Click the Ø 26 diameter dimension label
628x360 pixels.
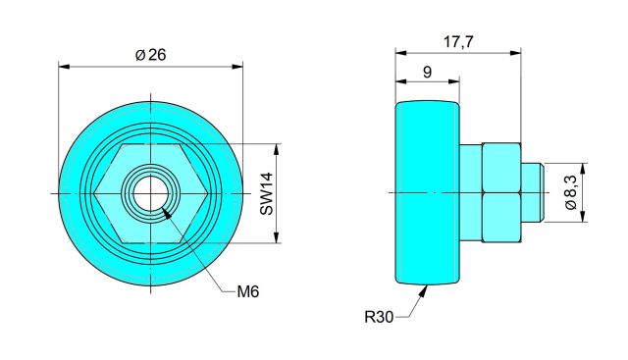150,55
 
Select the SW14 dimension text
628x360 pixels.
266,193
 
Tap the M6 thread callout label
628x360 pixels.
248,291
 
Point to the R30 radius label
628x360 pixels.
379,317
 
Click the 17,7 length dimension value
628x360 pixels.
458,41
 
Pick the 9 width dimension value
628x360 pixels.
428,72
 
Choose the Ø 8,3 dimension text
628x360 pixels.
570,192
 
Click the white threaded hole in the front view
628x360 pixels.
150,193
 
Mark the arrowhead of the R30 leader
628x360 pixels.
423,290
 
